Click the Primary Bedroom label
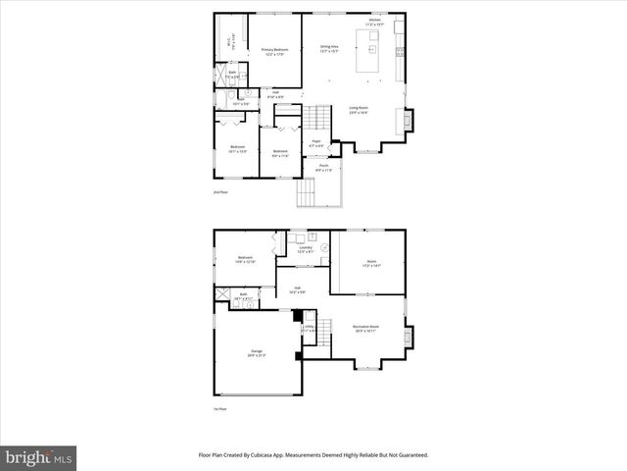pos(274,50)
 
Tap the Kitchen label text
pos(373,22)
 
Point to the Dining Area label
pos(329,47)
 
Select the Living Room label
pos(358,110)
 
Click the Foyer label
pos(316,143)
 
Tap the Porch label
pos(323,168)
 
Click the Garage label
pos(257,352)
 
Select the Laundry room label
pos(305,250)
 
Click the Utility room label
pos(308,329)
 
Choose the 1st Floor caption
pos(220,409)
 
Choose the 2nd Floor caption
pos(220,192)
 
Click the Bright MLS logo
pos(39,457)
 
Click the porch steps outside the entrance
pos(308,196)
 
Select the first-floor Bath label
pos(243,295)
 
